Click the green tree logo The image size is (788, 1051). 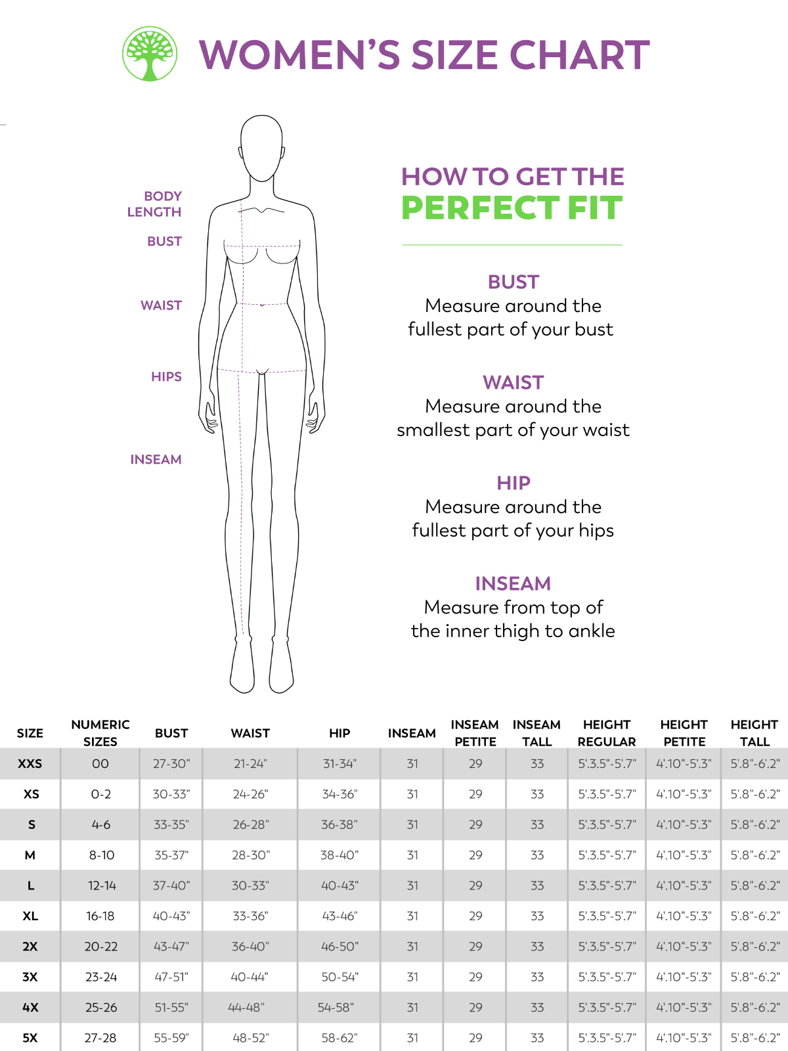[150, 54]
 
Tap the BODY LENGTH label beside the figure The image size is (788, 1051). [154, 204]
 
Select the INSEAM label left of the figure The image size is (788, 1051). [156, 460]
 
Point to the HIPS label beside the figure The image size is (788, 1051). [167, 377]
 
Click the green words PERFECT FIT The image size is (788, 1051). [512, 208]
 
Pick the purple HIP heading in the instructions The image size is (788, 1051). [514, 483]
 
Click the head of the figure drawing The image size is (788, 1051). [262, 148]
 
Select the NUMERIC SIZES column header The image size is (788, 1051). [100, 733]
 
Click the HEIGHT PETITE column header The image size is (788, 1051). [684, 733]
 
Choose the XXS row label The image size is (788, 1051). [30, 764]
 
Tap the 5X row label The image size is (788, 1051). [30, 1038]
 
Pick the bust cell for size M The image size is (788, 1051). [171, 855]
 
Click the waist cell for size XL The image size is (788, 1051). [250, 916]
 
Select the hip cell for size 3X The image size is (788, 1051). [339, 977]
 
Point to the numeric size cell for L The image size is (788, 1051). [102, 886]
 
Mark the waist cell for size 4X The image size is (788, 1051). [246, 1008]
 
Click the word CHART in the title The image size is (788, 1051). [579, 55]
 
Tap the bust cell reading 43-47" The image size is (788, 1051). [171, 947]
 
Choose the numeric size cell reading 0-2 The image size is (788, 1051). [101, 794]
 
